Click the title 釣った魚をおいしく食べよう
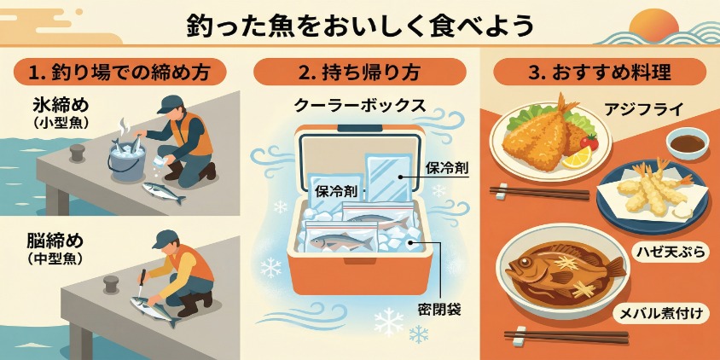click(360, 26)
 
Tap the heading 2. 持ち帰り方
click(359, 73)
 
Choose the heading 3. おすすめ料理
click(599, 73)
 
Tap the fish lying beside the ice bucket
click(164, 193)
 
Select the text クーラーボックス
click(359, 106)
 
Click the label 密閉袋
click(439, 310)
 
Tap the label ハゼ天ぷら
click(671, 251)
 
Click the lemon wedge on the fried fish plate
click(577, 158)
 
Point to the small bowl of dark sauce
click(688, 143)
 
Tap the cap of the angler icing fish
click(170, 104)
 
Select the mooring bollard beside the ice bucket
click(78, 153)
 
